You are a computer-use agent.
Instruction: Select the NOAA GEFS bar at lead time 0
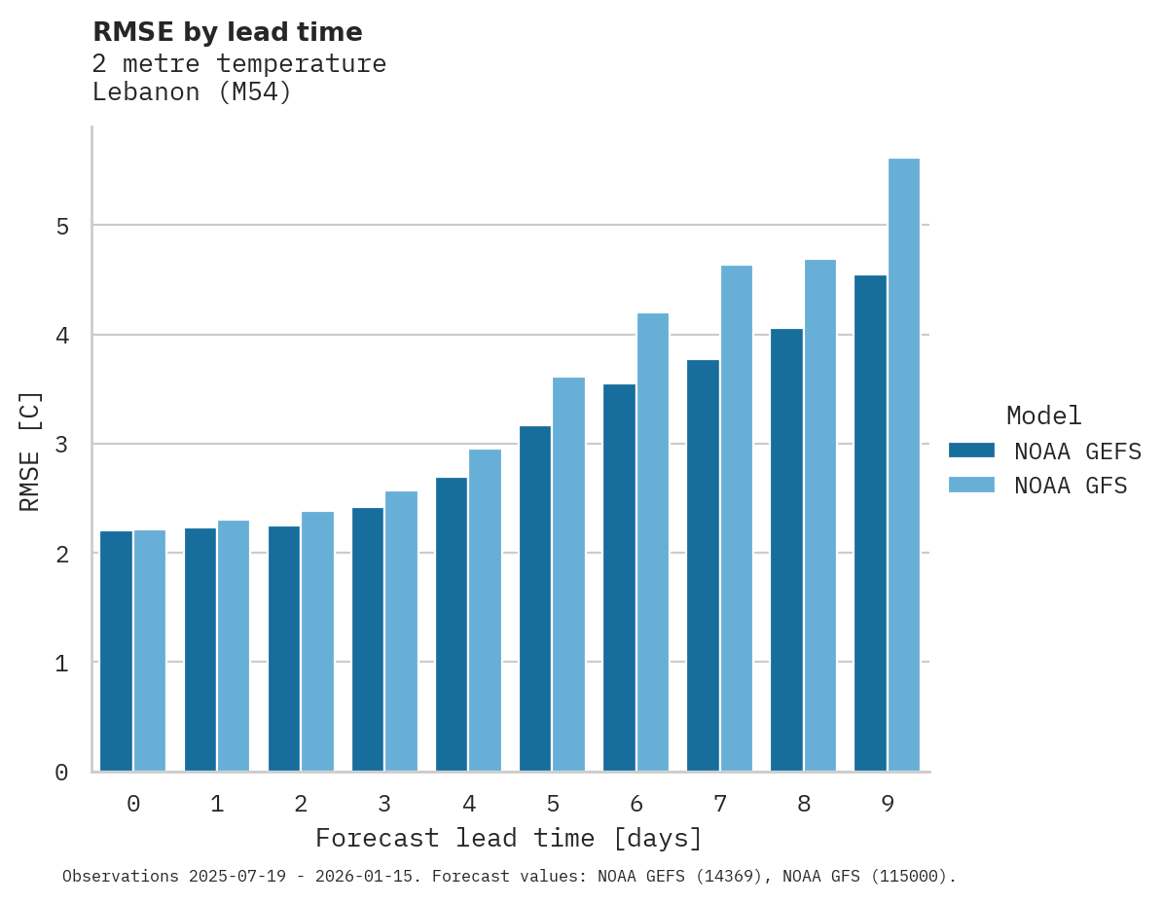point(116,651)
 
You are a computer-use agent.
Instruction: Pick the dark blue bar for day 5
point(535,598)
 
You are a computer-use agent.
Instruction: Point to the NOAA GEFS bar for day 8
point(786,550)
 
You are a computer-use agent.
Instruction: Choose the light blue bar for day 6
point(653,542)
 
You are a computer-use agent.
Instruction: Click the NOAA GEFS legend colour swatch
point(971,451)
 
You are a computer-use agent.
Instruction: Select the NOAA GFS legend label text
point(1070,486)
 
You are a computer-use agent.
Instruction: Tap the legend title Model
point(1043,416)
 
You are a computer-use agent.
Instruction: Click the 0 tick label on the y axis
point(60,773)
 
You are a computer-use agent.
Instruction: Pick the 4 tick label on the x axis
point(469,805)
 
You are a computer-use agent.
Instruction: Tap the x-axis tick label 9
point(888,805)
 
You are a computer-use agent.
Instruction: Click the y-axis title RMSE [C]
point(30,451)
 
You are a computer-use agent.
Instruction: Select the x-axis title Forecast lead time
point(508,839)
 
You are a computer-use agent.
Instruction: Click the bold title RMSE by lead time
point(228,32)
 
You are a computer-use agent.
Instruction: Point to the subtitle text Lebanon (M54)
point(192,92)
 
